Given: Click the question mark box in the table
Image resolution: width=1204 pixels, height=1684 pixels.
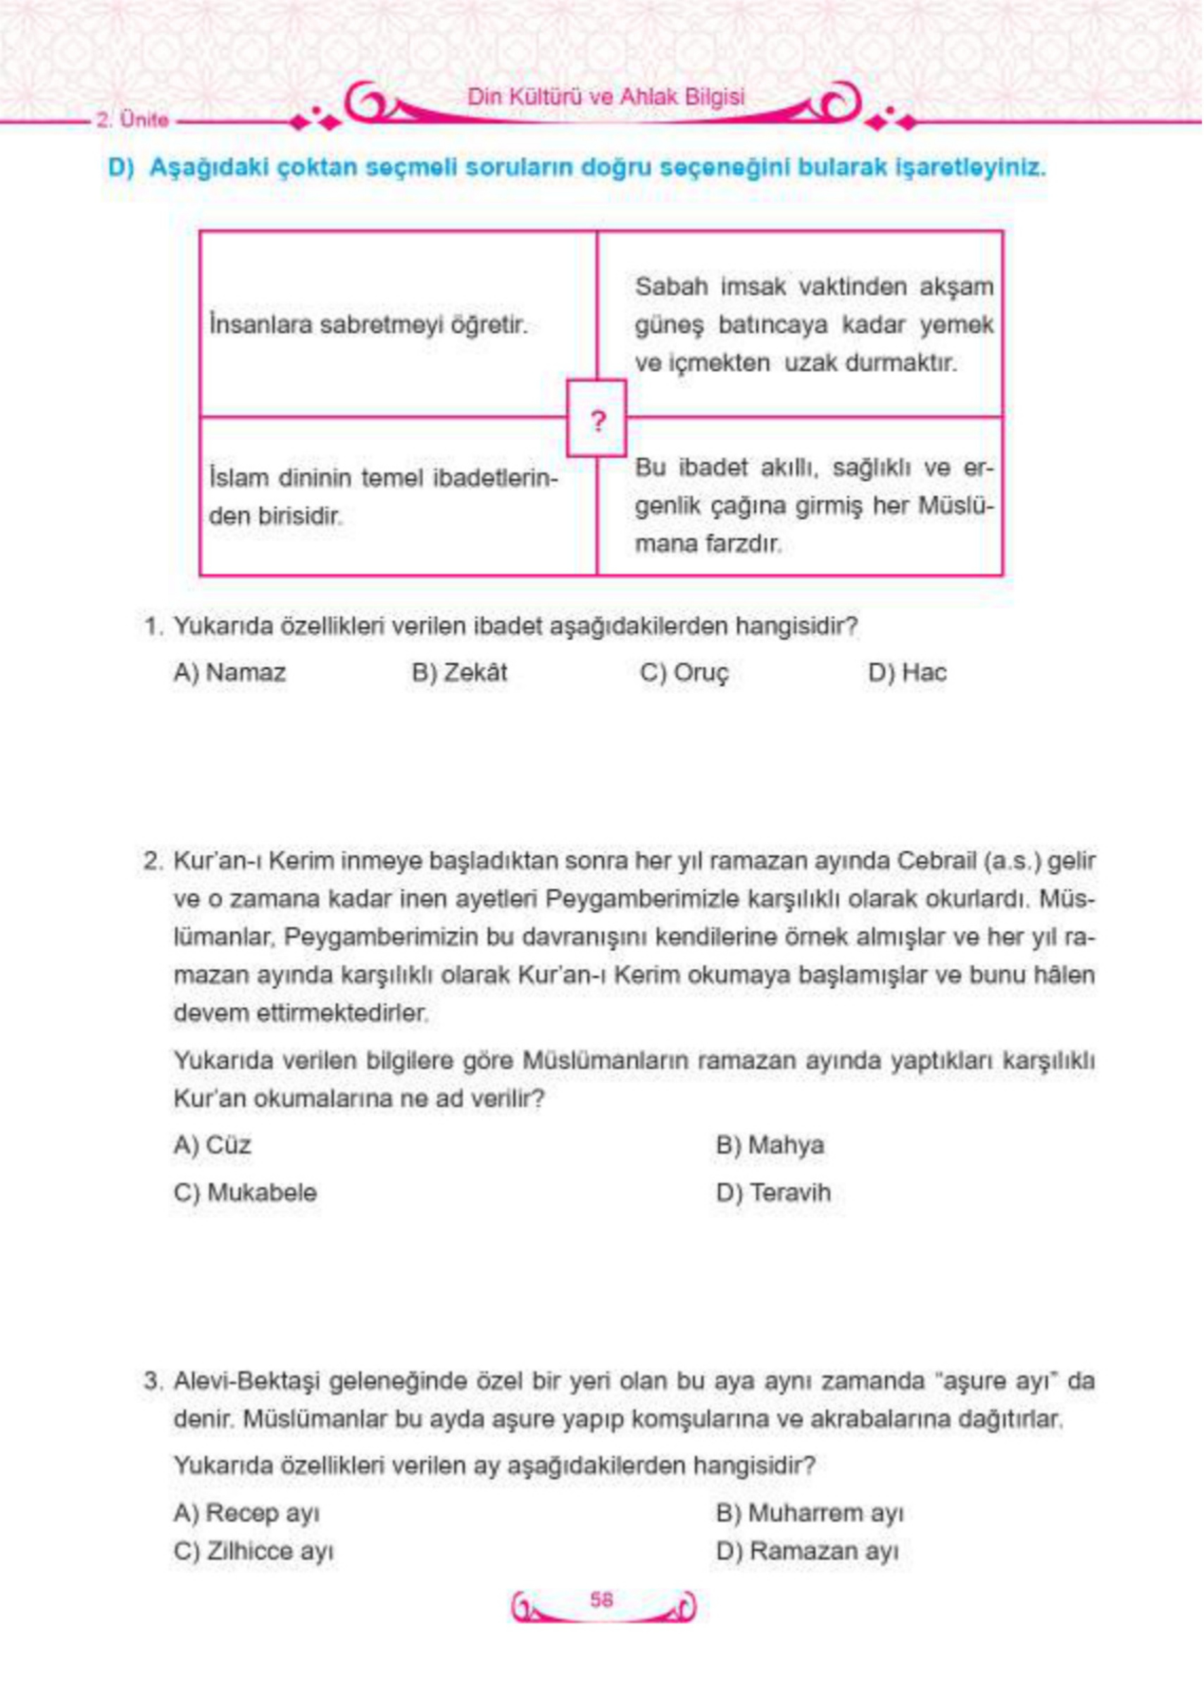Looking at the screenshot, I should coord(596,419).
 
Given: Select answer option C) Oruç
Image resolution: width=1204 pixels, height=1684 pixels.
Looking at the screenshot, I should coord(684,673).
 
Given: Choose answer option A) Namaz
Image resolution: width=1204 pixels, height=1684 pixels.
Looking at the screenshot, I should coord(229,673).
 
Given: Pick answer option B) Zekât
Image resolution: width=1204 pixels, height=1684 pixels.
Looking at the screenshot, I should coord(460,673).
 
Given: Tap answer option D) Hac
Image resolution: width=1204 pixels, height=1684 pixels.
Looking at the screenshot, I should coord(907,673).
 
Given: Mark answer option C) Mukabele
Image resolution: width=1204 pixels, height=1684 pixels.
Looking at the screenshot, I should coord(244,1192).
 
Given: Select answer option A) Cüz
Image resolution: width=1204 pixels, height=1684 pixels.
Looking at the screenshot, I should coord(212,1145).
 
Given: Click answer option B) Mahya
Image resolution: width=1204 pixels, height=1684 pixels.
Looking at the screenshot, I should coord(770,1145).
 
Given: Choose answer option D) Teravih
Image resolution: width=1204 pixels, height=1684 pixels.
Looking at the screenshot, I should coord(773,1192).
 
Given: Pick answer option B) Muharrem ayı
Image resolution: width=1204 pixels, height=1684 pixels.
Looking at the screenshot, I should coord(810,1513).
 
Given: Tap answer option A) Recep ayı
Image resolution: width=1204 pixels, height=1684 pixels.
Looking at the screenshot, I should coord(246,1513).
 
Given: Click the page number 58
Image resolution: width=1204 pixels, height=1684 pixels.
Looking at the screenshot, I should coord(601,1599).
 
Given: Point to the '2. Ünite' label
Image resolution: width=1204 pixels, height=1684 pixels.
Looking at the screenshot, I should coord(132,120).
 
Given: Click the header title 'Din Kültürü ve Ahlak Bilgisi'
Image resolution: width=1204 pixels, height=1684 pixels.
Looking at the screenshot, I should coord(606,97).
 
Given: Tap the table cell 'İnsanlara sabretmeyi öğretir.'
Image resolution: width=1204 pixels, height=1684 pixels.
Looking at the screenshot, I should coord(368,325).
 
